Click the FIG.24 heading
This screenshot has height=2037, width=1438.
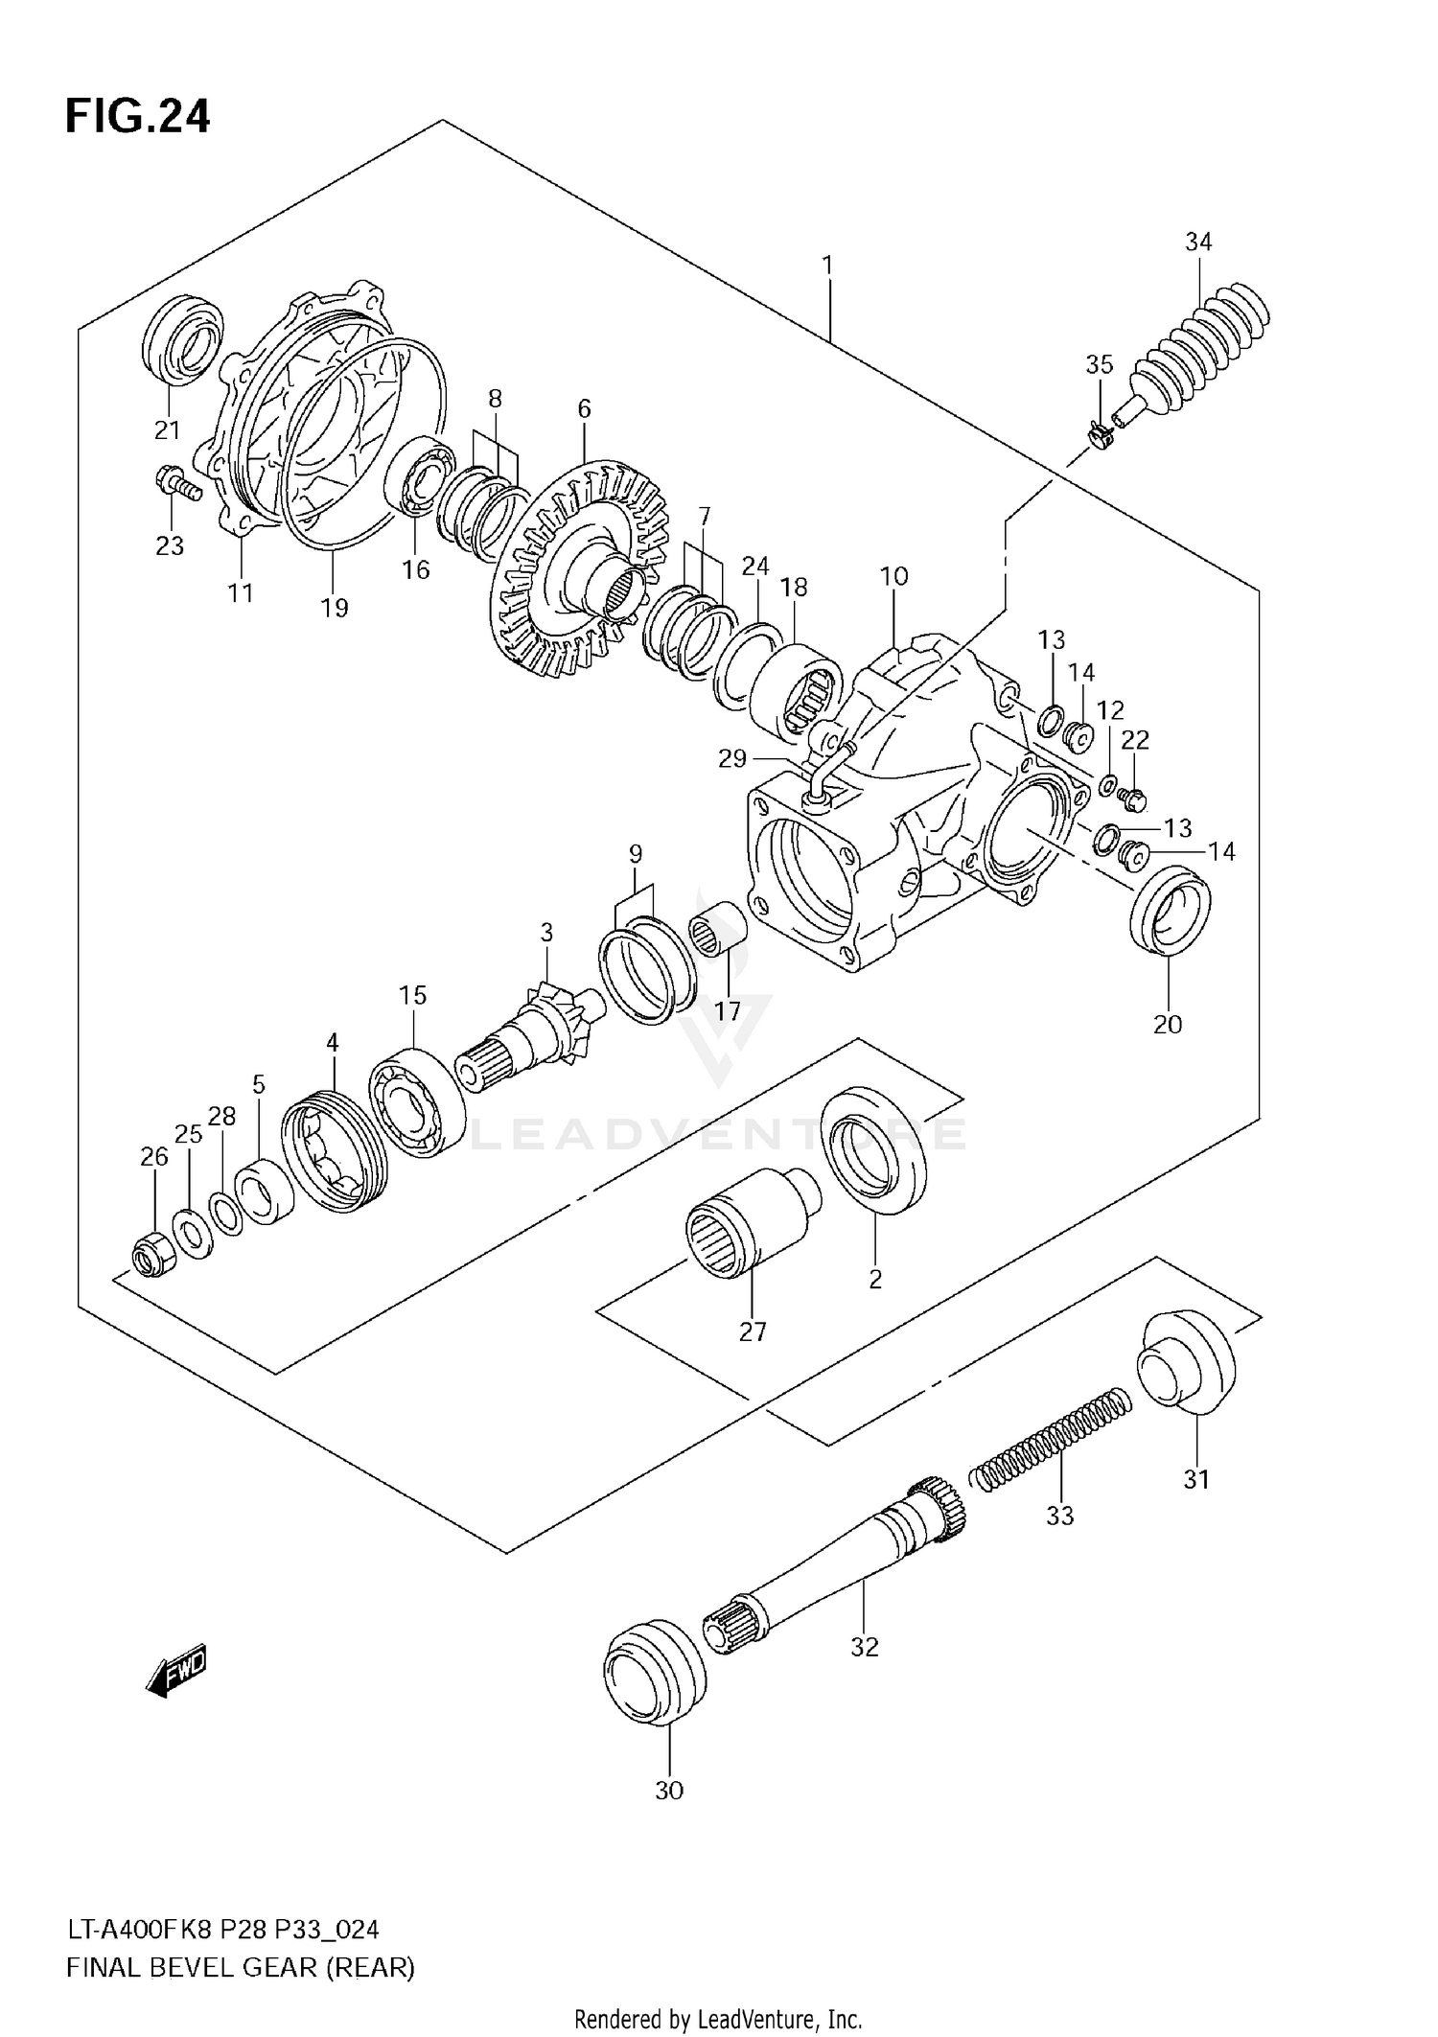(137, 117)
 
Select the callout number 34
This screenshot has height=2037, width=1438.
(1198, 243)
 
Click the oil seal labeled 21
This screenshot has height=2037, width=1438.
(183, 340)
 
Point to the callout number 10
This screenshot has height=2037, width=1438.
(893, 576)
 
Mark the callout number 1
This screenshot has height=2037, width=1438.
(827, 265)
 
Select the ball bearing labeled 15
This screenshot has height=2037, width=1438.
(418, 1104)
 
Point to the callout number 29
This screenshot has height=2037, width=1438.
(732, 759)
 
